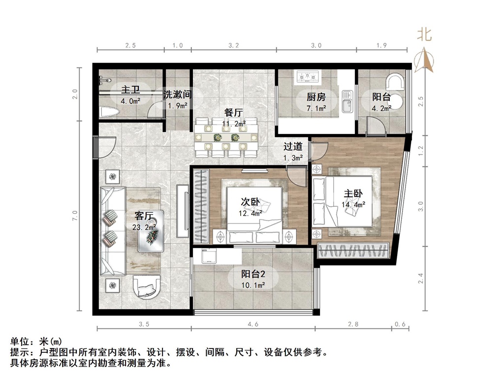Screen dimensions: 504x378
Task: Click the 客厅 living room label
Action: (x=143, y=216)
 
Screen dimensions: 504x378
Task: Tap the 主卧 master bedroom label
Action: (x=353, y=193)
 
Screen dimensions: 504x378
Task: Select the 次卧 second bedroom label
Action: (x=251, y=202)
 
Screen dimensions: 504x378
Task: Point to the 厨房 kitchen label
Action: (x=316, y=96)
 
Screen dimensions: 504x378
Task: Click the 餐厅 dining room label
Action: (x=234, y=113)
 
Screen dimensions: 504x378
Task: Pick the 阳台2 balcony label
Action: (x=253, y=274)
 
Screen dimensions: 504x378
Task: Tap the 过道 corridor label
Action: (x=293, y=147)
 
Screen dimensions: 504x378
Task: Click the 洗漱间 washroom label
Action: (x=177, y=94)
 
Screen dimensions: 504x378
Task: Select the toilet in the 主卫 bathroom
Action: (x=109, y=112)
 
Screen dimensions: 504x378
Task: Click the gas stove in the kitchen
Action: (x=307, y=76)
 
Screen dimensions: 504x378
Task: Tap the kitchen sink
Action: (x=347, y=101)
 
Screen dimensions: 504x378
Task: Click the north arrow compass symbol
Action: (x=424, y=61)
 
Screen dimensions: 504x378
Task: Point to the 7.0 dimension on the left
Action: (x=75, y=216)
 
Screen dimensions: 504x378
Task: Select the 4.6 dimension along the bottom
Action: (x=253, y=324)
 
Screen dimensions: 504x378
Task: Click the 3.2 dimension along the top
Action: (x=234, y=45)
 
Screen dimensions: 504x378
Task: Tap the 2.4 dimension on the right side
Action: (x=421, y=279)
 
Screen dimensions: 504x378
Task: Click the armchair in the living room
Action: (x=147, y=287)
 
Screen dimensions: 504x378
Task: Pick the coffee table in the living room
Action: (x=151, y=231)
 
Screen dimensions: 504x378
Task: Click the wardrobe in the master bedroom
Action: (x=353, y=251)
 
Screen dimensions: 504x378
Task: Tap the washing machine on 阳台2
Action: (x=206, y=256)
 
